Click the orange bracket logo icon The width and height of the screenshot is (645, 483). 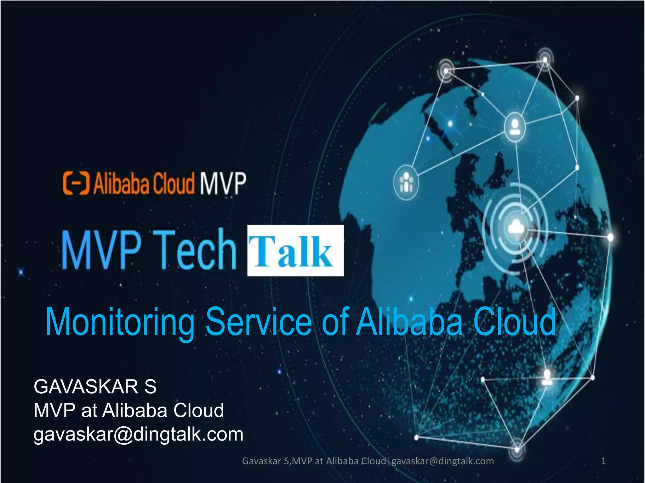(76, 183)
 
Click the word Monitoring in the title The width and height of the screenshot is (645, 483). (120, 322)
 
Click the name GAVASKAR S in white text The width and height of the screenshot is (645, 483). (95, 386)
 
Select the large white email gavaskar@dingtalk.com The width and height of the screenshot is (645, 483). (138, 434)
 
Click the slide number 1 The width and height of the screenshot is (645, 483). (603, 461)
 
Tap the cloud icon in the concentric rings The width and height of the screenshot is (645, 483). (516, 227)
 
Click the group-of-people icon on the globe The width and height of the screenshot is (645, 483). (406, 182)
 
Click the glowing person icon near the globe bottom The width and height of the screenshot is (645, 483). (547, 377)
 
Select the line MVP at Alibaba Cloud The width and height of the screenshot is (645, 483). (128, 410)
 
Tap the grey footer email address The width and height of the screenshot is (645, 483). (442, 461)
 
